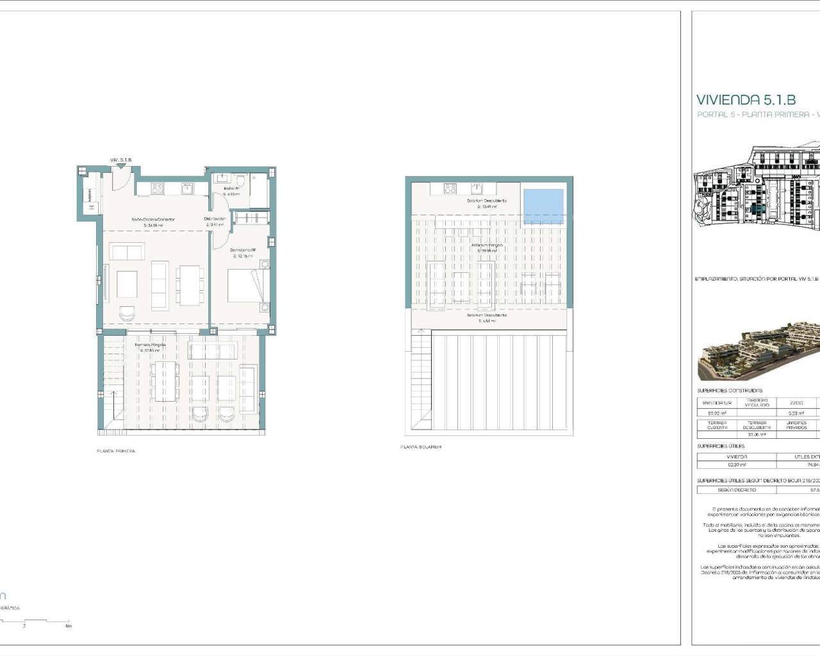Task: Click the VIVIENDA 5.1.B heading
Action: pos(746,100)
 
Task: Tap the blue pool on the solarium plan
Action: pos(544,206)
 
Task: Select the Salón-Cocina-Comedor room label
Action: pos(153,220)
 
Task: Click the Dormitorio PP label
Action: pos(243,250)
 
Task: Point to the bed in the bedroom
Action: pos(245,285)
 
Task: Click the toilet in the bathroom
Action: pos(241,180)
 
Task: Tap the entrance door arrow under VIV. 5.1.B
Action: pos(120,167)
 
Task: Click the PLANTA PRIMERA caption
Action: pos(116,451)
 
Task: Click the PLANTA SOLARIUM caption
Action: pos(421,447)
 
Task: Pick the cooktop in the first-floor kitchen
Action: pos(158,188)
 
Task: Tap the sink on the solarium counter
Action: pos(477,188)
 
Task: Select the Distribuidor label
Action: pos(215,218)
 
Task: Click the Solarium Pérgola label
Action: pos(488,245)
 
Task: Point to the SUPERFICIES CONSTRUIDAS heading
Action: pos(730,390)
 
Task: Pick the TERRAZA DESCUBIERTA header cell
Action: pos(757,425)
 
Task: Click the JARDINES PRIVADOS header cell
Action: pos(796,425)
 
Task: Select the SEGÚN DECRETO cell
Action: pos(737,489)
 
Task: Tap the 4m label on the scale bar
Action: pos(69,626)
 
